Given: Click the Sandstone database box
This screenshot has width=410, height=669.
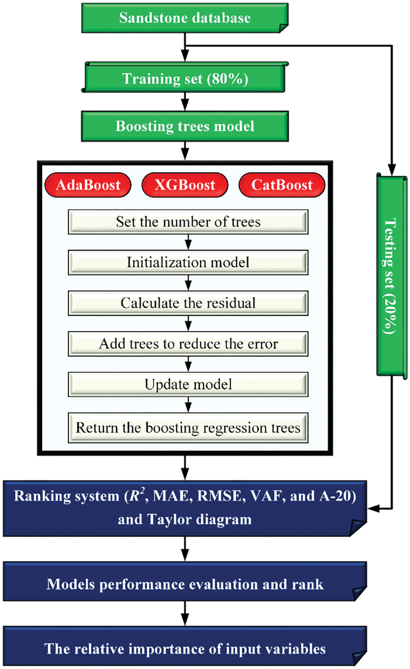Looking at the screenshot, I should point(185,19).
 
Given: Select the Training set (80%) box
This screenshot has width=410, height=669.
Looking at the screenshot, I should point(185,78).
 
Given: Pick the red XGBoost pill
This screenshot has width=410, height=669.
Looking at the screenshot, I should point(185,185).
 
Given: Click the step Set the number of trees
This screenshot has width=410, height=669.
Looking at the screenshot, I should point(188,223).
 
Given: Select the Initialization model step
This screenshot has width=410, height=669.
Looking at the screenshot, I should point(188,263).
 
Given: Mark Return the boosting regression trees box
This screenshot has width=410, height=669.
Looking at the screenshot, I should point(188,427).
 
